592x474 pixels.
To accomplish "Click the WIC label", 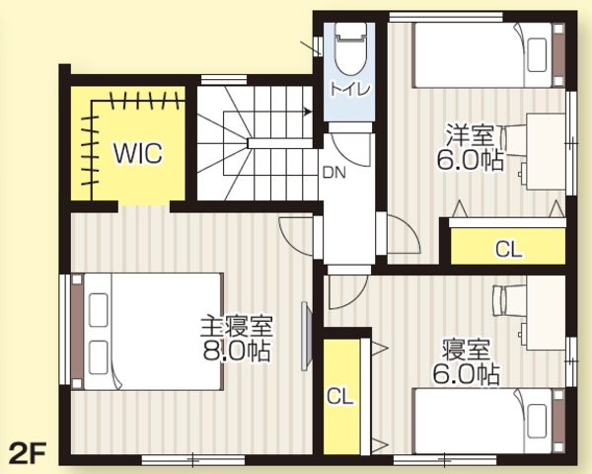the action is tap(138, 153).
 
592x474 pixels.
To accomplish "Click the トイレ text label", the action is tap(350, 90).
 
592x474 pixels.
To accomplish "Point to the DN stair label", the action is tap(334, 173).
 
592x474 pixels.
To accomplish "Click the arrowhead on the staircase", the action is tap(308, 112).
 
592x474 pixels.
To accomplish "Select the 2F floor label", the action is tap(28, 452).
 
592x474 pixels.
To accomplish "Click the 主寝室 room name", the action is tap(237, 327).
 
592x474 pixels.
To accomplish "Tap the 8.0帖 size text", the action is tap(237, 352).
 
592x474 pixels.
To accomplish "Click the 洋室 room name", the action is tap(470, 134).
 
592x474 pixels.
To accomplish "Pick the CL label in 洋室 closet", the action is tap(508, 249).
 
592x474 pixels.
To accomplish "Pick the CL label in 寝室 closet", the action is tap(339, 397).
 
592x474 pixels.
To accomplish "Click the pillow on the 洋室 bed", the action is tap(538, 55).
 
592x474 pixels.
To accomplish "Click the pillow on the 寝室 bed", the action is tap(538, 421).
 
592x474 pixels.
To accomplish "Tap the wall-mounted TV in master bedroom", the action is tap(306, 336).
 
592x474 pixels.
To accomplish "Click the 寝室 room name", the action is tap(467, 350).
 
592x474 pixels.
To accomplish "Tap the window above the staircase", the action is tap(224, 80).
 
